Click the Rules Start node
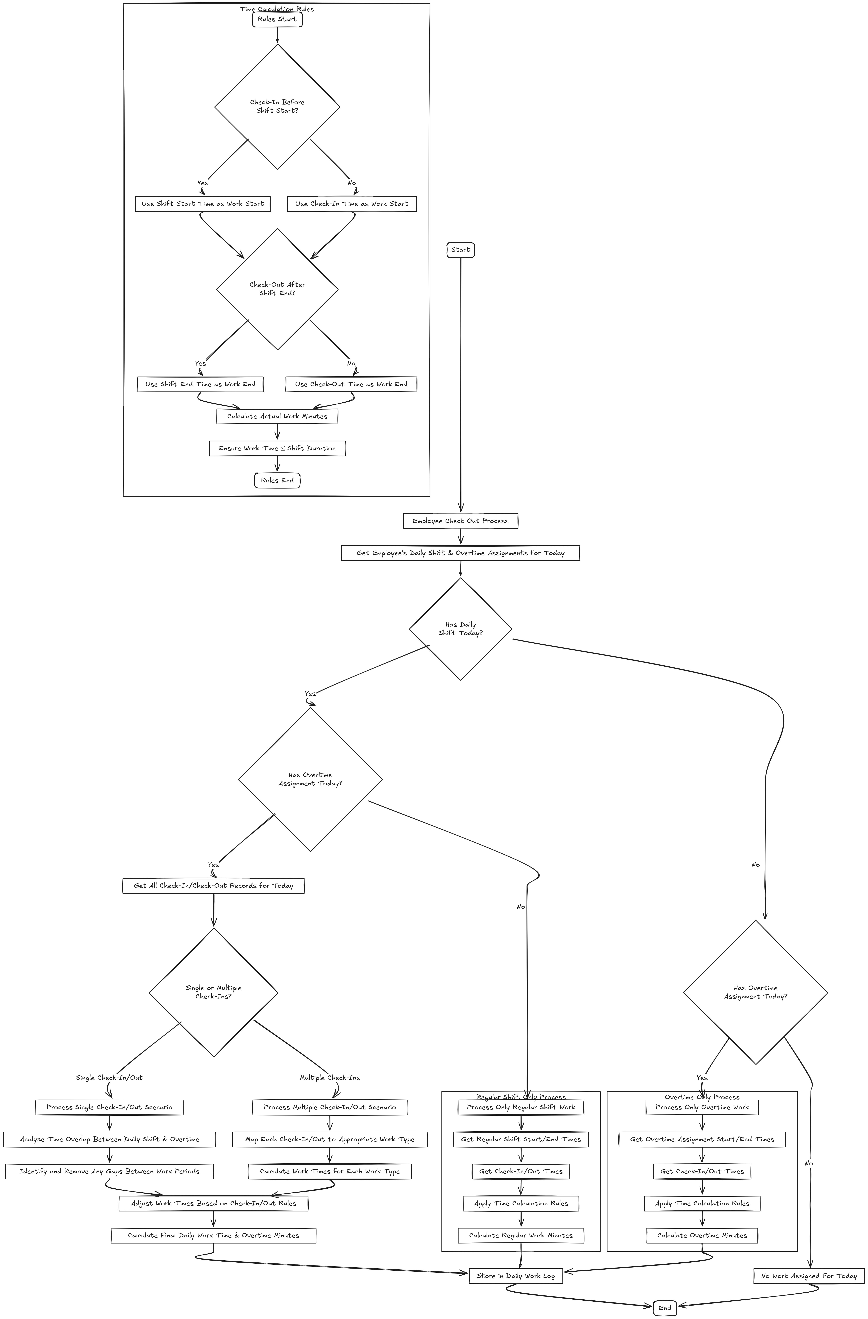[277, 19]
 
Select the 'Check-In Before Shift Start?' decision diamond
[277, 106]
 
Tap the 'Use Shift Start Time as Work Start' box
[202, 204]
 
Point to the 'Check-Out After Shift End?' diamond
[277, 289]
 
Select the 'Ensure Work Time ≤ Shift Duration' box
[277, 448]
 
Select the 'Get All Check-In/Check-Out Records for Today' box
[213, 886]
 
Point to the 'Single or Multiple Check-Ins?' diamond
[213, 992]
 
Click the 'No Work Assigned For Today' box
[809, 1276]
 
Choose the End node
[664, 1308]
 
